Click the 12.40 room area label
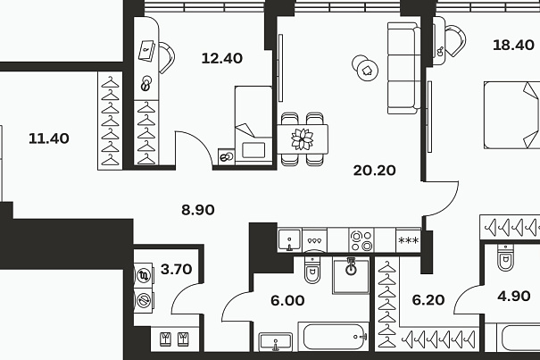(221, 58)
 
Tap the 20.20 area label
(374, 171)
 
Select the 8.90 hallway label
(198, 210)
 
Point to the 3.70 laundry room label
(176, 269)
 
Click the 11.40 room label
(49, 138)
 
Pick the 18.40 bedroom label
(513, 46)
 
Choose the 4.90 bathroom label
(514, 296)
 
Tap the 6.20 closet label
(428, 300)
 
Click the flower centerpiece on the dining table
(303, 139)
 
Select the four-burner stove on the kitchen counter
(361, 240)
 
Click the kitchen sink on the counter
(289, 239)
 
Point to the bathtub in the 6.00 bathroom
(333, 337)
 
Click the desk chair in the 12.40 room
(166, 57)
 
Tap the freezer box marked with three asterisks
(408, 240)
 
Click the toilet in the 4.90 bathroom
(505, 257)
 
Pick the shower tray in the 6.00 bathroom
(351, 275)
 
